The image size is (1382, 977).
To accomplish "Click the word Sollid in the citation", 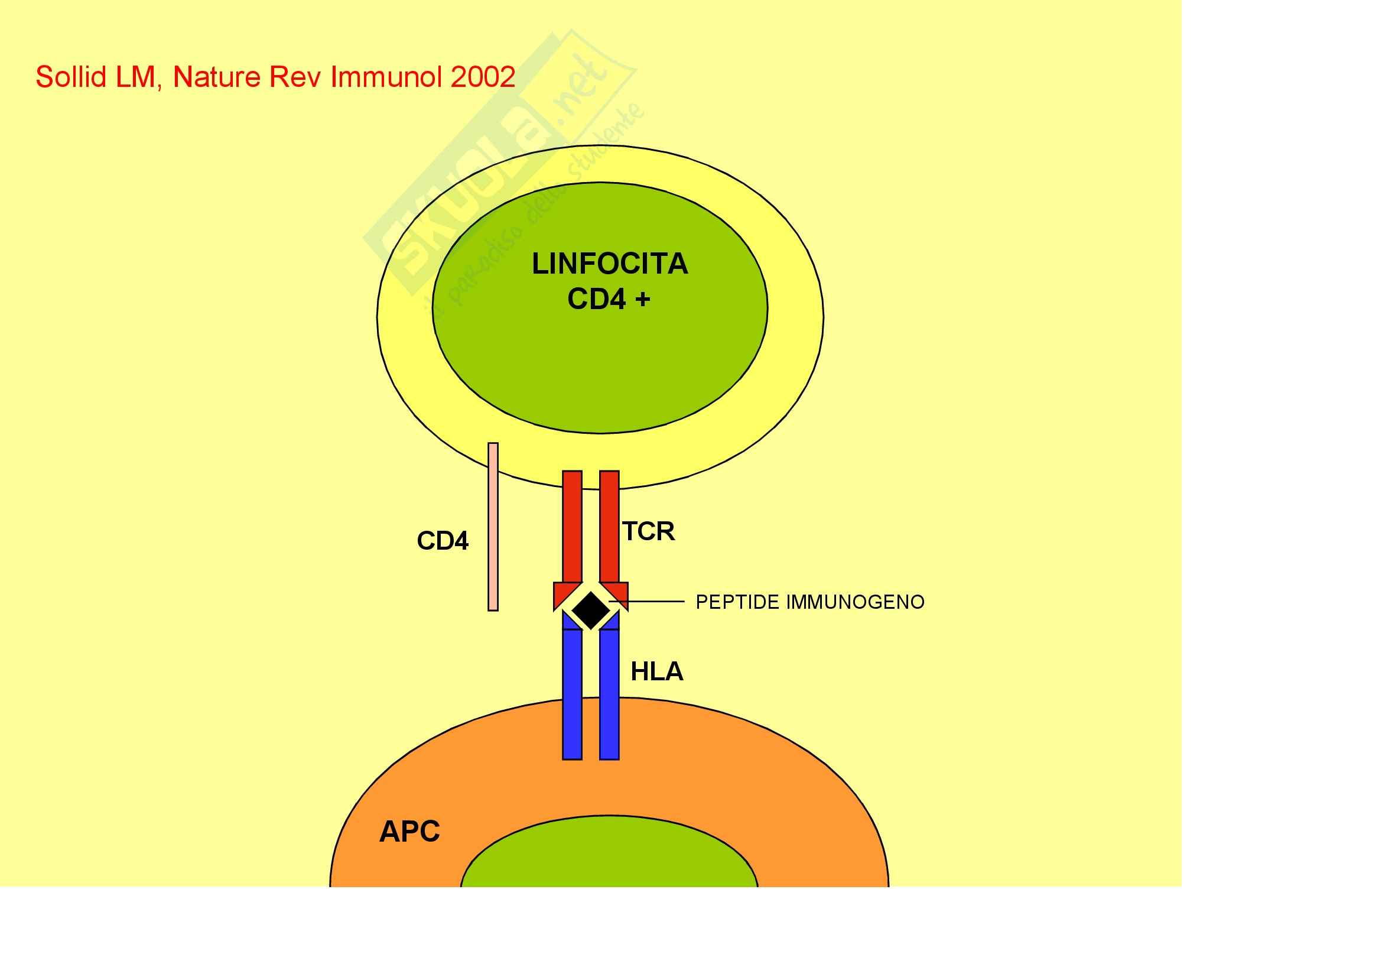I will click(71, 77).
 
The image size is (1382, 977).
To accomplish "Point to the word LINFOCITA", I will click(609, 264).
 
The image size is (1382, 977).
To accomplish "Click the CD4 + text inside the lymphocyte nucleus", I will click(609, 299).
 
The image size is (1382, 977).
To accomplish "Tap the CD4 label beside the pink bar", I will click(443, 541).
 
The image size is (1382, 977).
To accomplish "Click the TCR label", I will click(648, 531).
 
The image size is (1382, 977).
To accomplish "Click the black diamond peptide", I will click(590, 610).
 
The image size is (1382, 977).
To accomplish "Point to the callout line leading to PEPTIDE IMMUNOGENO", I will click(650, 601).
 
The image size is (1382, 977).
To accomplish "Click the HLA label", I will click(656, 671).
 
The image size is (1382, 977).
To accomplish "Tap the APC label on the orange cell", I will click(409, 832).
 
